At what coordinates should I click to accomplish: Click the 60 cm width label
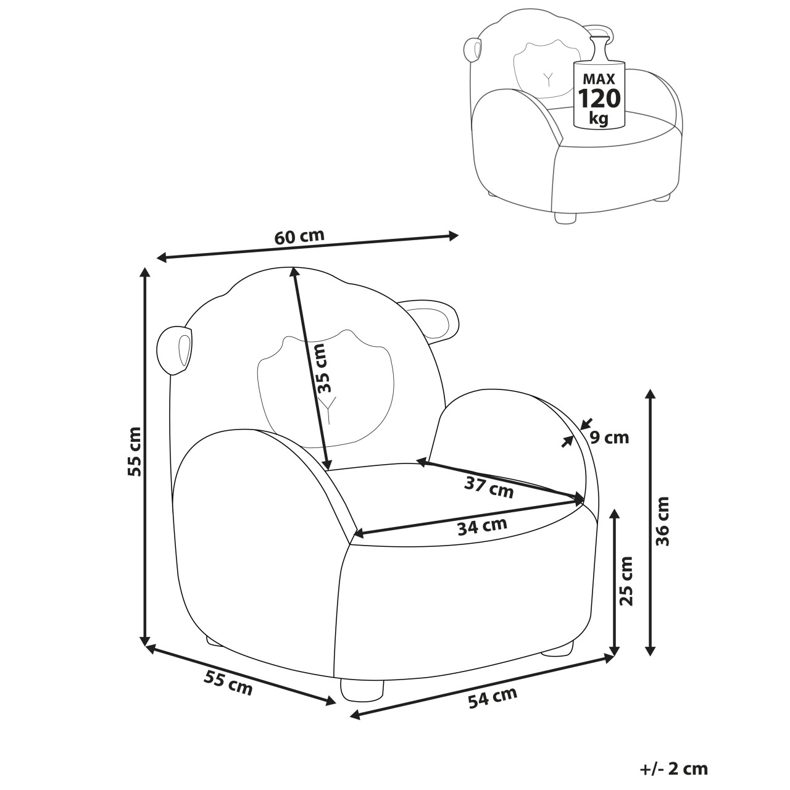pos(299,236)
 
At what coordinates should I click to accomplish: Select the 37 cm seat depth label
pos(488,488)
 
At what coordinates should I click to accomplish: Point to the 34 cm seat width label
pos(482,526)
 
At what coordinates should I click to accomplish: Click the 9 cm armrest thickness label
pos(609,438)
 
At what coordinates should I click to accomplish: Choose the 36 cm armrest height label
pos(662,521)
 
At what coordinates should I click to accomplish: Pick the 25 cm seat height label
pos(626,581)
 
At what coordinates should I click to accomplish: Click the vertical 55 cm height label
pos(135,451)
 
